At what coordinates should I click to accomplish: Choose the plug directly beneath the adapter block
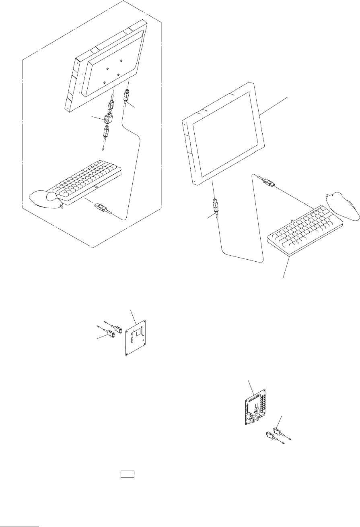click(x=106, y=132)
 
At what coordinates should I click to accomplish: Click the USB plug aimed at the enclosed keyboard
click(x=102, y=209)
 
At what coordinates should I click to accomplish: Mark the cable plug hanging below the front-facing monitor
click(x=215, y=205)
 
